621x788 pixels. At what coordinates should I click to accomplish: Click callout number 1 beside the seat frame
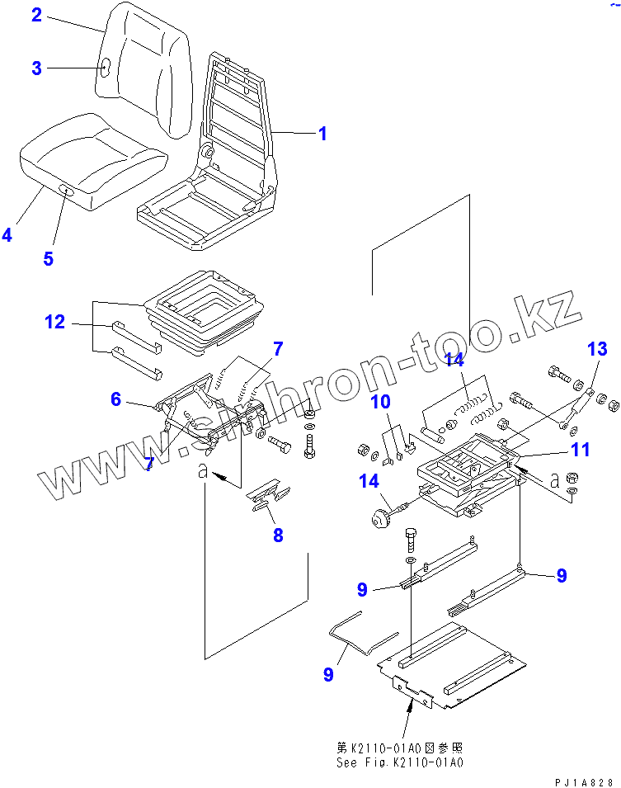coord(322,133)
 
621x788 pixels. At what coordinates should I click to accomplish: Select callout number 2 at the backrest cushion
coord(36,16)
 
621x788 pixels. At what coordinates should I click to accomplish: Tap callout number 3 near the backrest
coord(36,68)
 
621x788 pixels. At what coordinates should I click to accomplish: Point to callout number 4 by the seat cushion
coord(7,234)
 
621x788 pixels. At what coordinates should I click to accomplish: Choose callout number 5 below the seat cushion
coord(48,258)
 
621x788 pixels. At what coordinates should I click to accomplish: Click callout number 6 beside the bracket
coord(116,399)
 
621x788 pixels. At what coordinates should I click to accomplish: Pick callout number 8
coord(278,535)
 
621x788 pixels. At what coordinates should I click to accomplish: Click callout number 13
coord(597,349)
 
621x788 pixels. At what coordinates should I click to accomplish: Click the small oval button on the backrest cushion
coord(106,68)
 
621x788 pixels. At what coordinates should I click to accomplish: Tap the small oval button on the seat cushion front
coord(66,191)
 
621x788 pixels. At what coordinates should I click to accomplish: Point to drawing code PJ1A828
coord(585,781)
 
